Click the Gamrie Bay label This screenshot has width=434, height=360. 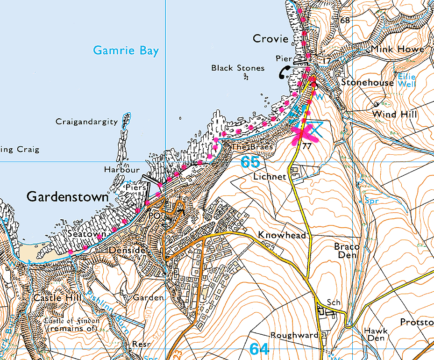(126, 50)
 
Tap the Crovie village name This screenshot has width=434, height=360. (270, 39)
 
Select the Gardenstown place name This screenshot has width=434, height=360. (67, 197)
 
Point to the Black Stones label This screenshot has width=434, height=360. (238, 68)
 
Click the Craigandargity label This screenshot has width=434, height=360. (86, 122)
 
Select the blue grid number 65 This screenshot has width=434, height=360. (250, 163)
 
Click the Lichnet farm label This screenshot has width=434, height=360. (269, 177)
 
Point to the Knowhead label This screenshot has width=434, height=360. (282, 235)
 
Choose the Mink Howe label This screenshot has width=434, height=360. (398, 49)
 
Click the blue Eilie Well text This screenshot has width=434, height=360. (406, 80)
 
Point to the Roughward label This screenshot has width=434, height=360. (294, 335)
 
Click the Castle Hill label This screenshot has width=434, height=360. (52, 298)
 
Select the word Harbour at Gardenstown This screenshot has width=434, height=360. (122, 170)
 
